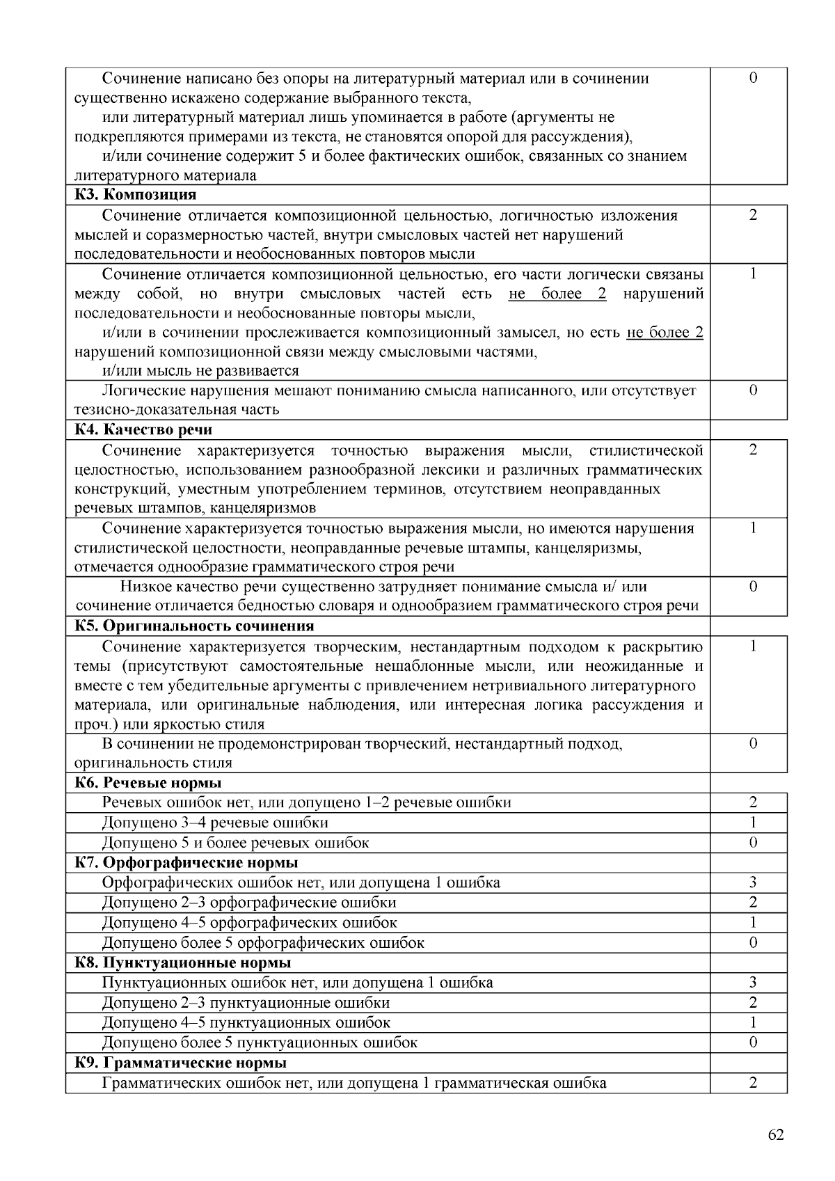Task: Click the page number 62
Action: point(776,1134)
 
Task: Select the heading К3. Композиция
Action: point(136,195)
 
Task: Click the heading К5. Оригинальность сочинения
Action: point(194,626)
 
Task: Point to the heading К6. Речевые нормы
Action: point(148,783)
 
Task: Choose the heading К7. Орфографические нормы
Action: point(186,863)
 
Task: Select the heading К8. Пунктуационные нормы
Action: point(183,963)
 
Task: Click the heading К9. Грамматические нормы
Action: point(181,1063)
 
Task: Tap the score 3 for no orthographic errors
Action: point(753,883)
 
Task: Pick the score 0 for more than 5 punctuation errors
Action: point(753,1043)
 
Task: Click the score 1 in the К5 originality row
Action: point(753,647)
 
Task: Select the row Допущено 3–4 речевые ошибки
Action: point(215,823)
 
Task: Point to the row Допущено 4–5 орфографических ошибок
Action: point(249,923)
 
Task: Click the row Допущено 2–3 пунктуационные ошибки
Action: point(246,1003)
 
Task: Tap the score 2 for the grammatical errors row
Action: point(753,1083)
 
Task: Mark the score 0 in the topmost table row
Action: point(753,78)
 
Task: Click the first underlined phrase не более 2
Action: point(557,294)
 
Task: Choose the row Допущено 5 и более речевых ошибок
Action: point(235,843)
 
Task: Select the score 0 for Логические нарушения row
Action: point(753,390)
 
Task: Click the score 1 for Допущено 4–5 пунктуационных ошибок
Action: point(753,1023)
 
